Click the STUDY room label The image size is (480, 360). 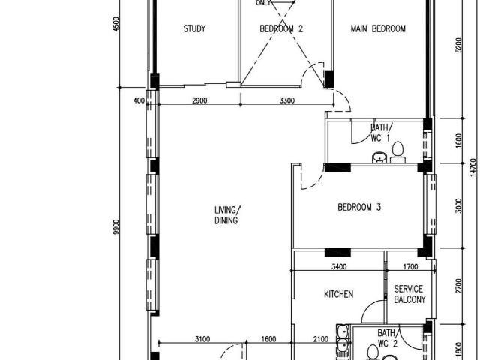194,29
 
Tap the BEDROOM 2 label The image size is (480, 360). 280,29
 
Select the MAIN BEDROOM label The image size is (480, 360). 379,29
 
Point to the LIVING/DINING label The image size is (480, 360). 226,214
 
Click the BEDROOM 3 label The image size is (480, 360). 359,207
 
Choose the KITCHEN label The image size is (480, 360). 338,295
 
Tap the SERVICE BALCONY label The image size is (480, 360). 409,294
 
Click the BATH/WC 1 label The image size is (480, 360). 379,133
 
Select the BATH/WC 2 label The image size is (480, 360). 387,337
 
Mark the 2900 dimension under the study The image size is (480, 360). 199,100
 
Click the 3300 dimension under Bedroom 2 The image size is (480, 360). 287,100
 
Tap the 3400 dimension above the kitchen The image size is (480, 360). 339,265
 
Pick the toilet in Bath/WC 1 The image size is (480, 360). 397,152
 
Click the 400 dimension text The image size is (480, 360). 140,100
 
